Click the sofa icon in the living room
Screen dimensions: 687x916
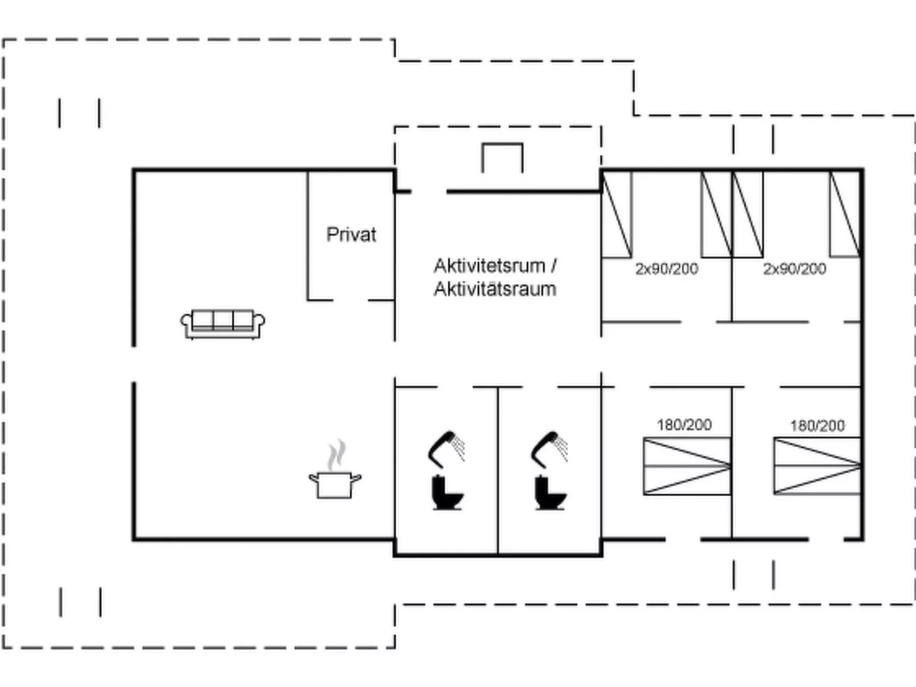tap(222, 324)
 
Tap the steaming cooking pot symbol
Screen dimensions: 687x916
tap(335, 483)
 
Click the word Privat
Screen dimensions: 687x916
tap(351, 234)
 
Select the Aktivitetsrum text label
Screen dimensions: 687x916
tap(489, 266)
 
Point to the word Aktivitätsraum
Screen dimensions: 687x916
tap(495, 289)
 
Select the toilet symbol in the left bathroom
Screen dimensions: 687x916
tap(447, 493)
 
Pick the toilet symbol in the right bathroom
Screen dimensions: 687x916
tap(550, 493)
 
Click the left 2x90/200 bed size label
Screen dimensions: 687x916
tap(666, 269)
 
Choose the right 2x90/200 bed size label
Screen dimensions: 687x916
tap(794, 269)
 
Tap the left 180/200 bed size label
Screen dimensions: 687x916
tap(684, 425)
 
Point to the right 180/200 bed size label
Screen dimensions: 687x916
tap(817, 425)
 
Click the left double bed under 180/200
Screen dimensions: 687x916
tap(687, 466)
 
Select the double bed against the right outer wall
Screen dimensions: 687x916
tap(817, 466)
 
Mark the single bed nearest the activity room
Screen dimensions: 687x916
tap(617, 214)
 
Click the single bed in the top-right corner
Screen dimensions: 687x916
tap(845, 214)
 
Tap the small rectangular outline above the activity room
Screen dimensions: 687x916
tap(502, 158)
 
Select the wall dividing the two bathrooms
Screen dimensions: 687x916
tap(498, 470)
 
